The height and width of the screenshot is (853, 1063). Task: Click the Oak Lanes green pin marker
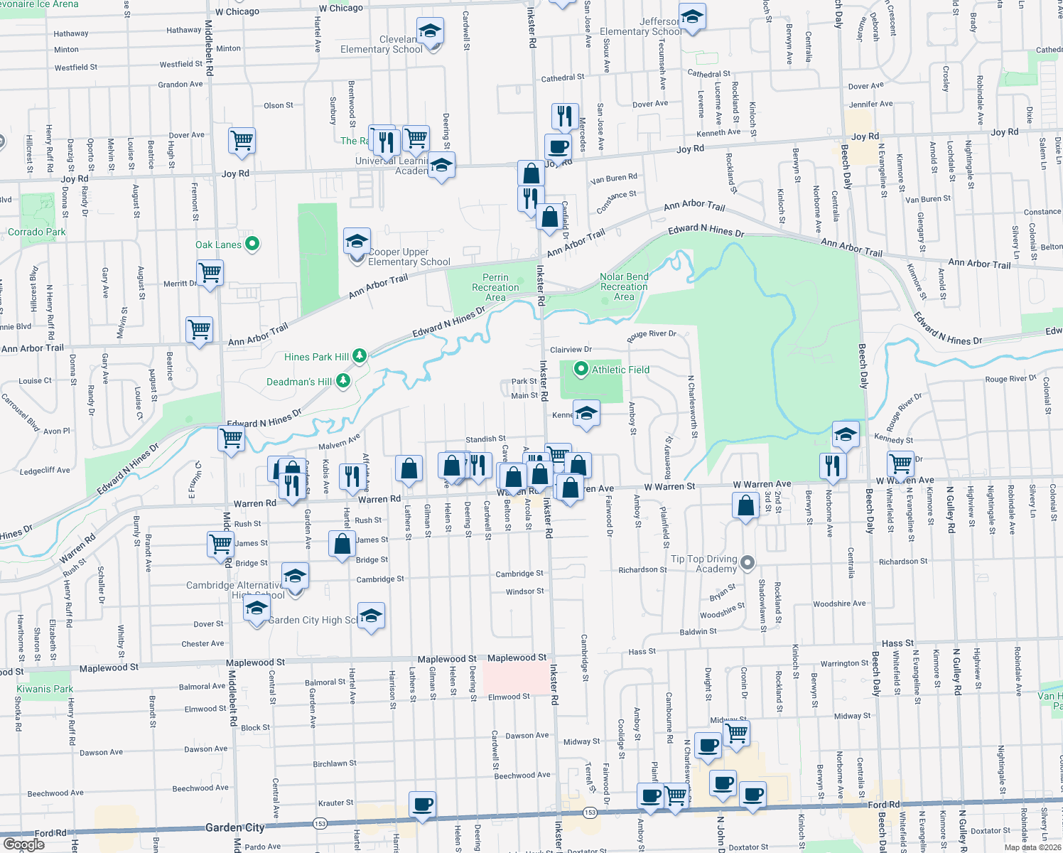252,245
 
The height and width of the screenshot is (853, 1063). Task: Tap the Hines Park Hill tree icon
360,356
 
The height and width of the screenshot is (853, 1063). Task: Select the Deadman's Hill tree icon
343,381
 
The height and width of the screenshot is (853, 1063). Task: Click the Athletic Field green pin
581,369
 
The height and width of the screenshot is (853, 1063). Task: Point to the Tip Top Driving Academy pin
747,563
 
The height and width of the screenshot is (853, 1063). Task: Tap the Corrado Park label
36,232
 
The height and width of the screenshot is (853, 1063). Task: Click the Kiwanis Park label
45,689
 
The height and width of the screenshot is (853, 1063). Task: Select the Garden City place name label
234,827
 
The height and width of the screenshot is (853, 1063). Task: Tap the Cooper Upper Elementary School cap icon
357,241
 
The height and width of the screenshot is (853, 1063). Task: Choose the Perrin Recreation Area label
495,287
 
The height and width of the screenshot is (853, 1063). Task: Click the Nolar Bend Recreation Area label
624,286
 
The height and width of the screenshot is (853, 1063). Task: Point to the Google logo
23,844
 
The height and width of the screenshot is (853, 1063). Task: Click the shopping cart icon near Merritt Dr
210,272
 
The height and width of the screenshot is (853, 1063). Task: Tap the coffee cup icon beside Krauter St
423,805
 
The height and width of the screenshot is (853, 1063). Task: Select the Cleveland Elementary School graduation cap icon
430,31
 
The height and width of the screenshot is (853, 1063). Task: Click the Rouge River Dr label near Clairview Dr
652,335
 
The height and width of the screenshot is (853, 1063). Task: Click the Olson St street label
278,105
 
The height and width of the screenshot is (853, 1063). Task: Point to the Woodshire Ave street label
839,603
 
